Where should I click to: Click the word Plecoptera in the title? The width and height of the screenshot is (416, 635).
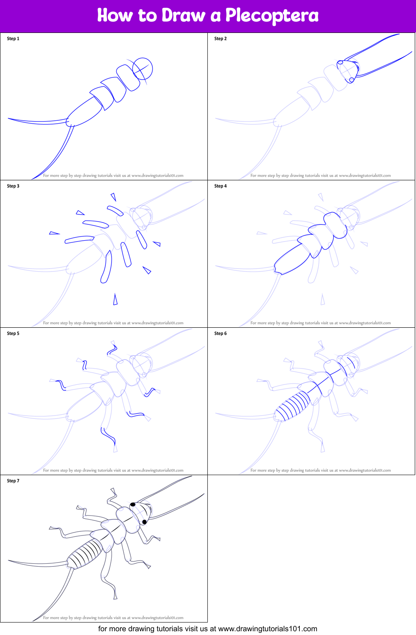point(272,16)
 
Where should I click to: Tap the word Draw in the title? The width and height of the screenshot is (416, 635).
point(183,16)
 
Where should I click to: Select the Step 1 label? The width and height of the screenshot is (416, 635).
point(13,39)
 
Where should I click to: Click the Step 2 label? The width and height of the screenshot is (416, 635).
point(221,39)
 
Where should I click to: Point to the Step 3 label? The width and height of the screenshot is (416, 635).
point(13,186)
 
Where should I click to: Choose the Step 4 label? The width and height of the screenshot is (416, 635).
point(221,186)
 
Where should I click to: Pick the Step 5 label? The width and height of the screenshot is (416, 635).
point(13,334)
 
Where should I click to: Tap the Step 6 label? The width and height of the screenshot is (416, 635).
point(221,334)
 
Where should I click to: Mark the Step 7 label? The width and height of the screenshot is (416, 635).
point(13,481)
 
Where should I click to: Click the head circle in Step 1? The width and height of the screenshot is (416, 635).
point(143,69)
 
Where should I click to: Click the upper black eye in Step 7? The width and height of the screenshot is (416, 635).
point(133,505)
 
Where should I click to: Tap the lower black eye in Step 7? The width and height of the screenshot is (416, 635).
point(144,522)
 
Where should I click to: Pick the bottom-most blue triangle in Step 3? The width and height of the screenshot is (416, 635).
point(115,300)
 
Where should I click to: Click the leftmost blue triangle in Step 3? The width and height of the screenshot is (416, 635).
point(54,233)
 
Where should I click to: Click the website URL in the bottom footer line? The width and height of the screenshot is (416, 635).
point(267,629)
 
